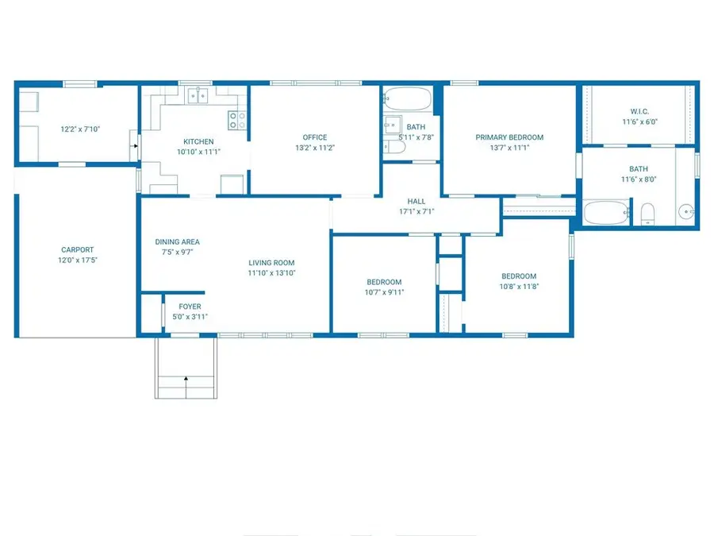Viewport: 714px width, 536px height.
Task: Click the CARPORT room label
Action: coord(78,250)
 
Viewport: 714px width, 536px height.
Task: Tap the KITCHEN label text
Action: coord(198,142)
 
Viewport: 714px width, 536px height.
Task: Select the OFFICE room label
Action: coord(315,137)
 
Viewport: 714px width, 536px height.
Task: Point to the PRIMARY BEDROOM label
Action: coord(509,137)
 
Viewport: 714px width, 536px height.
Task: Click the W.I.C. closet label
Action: coord(639,111)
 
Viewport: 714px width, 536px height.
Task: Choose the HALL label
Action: coord(416,201)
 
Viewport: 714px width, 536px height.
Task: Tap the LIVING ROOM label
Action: coord(271,263)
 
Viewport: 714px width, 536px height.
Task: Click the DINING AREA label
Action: coord(177,242)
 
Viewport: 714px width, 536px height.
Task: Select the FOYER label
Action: coord(190,307)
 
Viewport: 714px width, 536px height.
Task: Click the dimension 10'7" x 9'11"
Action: coord(384,292)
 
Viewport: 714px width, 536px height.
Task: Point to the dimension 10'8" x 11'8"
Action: coord(519,286)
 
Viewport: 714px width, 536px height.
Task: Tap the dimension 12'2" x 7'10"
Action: coord(80,129)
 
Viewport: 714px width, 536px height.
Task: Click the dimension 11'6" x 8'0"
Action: coord(639,179)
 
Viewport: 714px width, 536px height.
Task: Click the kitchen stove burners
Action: coord(237,121)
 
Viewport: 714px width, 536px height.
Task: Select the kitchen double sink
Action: coord(198,96)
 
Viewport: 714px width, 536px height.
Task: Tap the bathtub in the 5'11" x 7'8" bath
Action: coord(407,98)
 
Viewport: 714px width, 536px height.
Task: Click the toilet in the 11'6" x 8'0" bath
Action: coord(647,214)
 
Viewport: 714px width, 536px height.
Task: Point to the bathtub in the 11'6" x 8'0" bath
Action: coord(606,213)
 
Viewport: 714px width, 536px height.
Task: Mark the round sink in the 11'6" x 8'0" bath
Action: coord(685,212)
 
